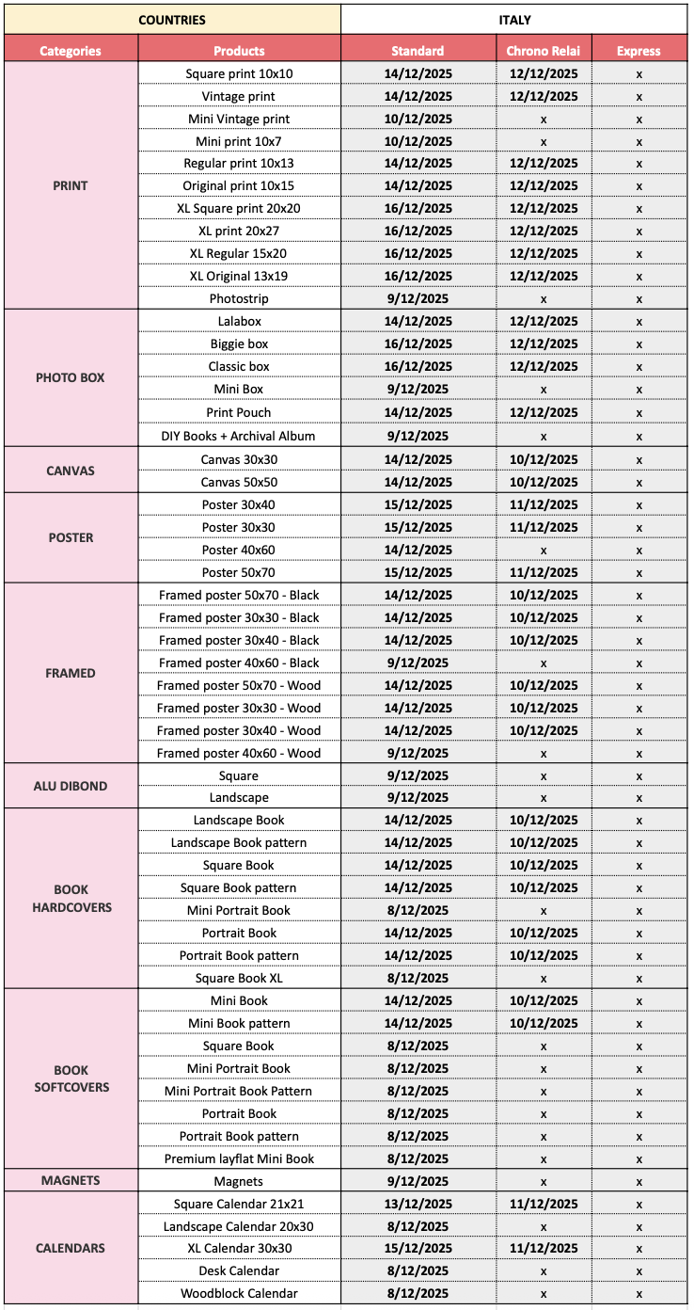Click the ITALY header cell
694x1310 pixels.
pos(514,19)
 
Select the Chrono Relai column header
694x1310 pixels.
pos(544,51)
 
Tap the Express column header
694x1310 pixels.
pos(639,51)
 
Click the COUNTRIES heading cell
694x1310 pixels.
pos(171,19)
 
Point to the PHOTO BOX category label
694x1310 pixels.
pos(71,377)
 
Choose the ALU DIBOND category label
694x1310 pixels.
pos(71,786)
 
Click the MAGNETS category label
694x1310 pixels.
pos(71,1180)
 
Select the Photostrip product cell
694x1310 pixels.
pos(239,298)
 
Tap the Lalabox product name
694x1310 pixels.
pos(239,321)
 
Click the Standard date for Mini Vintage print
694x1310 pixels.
pos(418,119)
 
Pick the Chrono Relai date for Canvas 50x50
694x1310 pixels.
pos(544,482)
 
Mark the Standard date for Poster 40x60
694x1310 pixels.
pos(418,550)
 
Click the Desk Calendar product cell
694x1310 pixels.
pos(239,1270)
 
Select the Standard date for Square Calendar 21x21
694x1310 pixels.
pos(418,1204)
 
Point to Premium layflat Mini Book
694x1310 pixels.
pos(239,1158)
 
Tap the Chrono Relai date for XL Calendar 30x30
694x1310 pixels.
pos(544,1248)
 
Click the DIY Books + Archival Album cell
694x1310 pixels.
pos(239,436)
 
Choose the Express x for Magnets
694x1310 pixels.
pos(639,1181)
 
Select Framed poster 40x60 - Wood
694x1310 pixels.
pos(239,753)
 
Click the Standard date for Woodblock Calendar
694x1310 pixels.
pos(418,1293)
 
